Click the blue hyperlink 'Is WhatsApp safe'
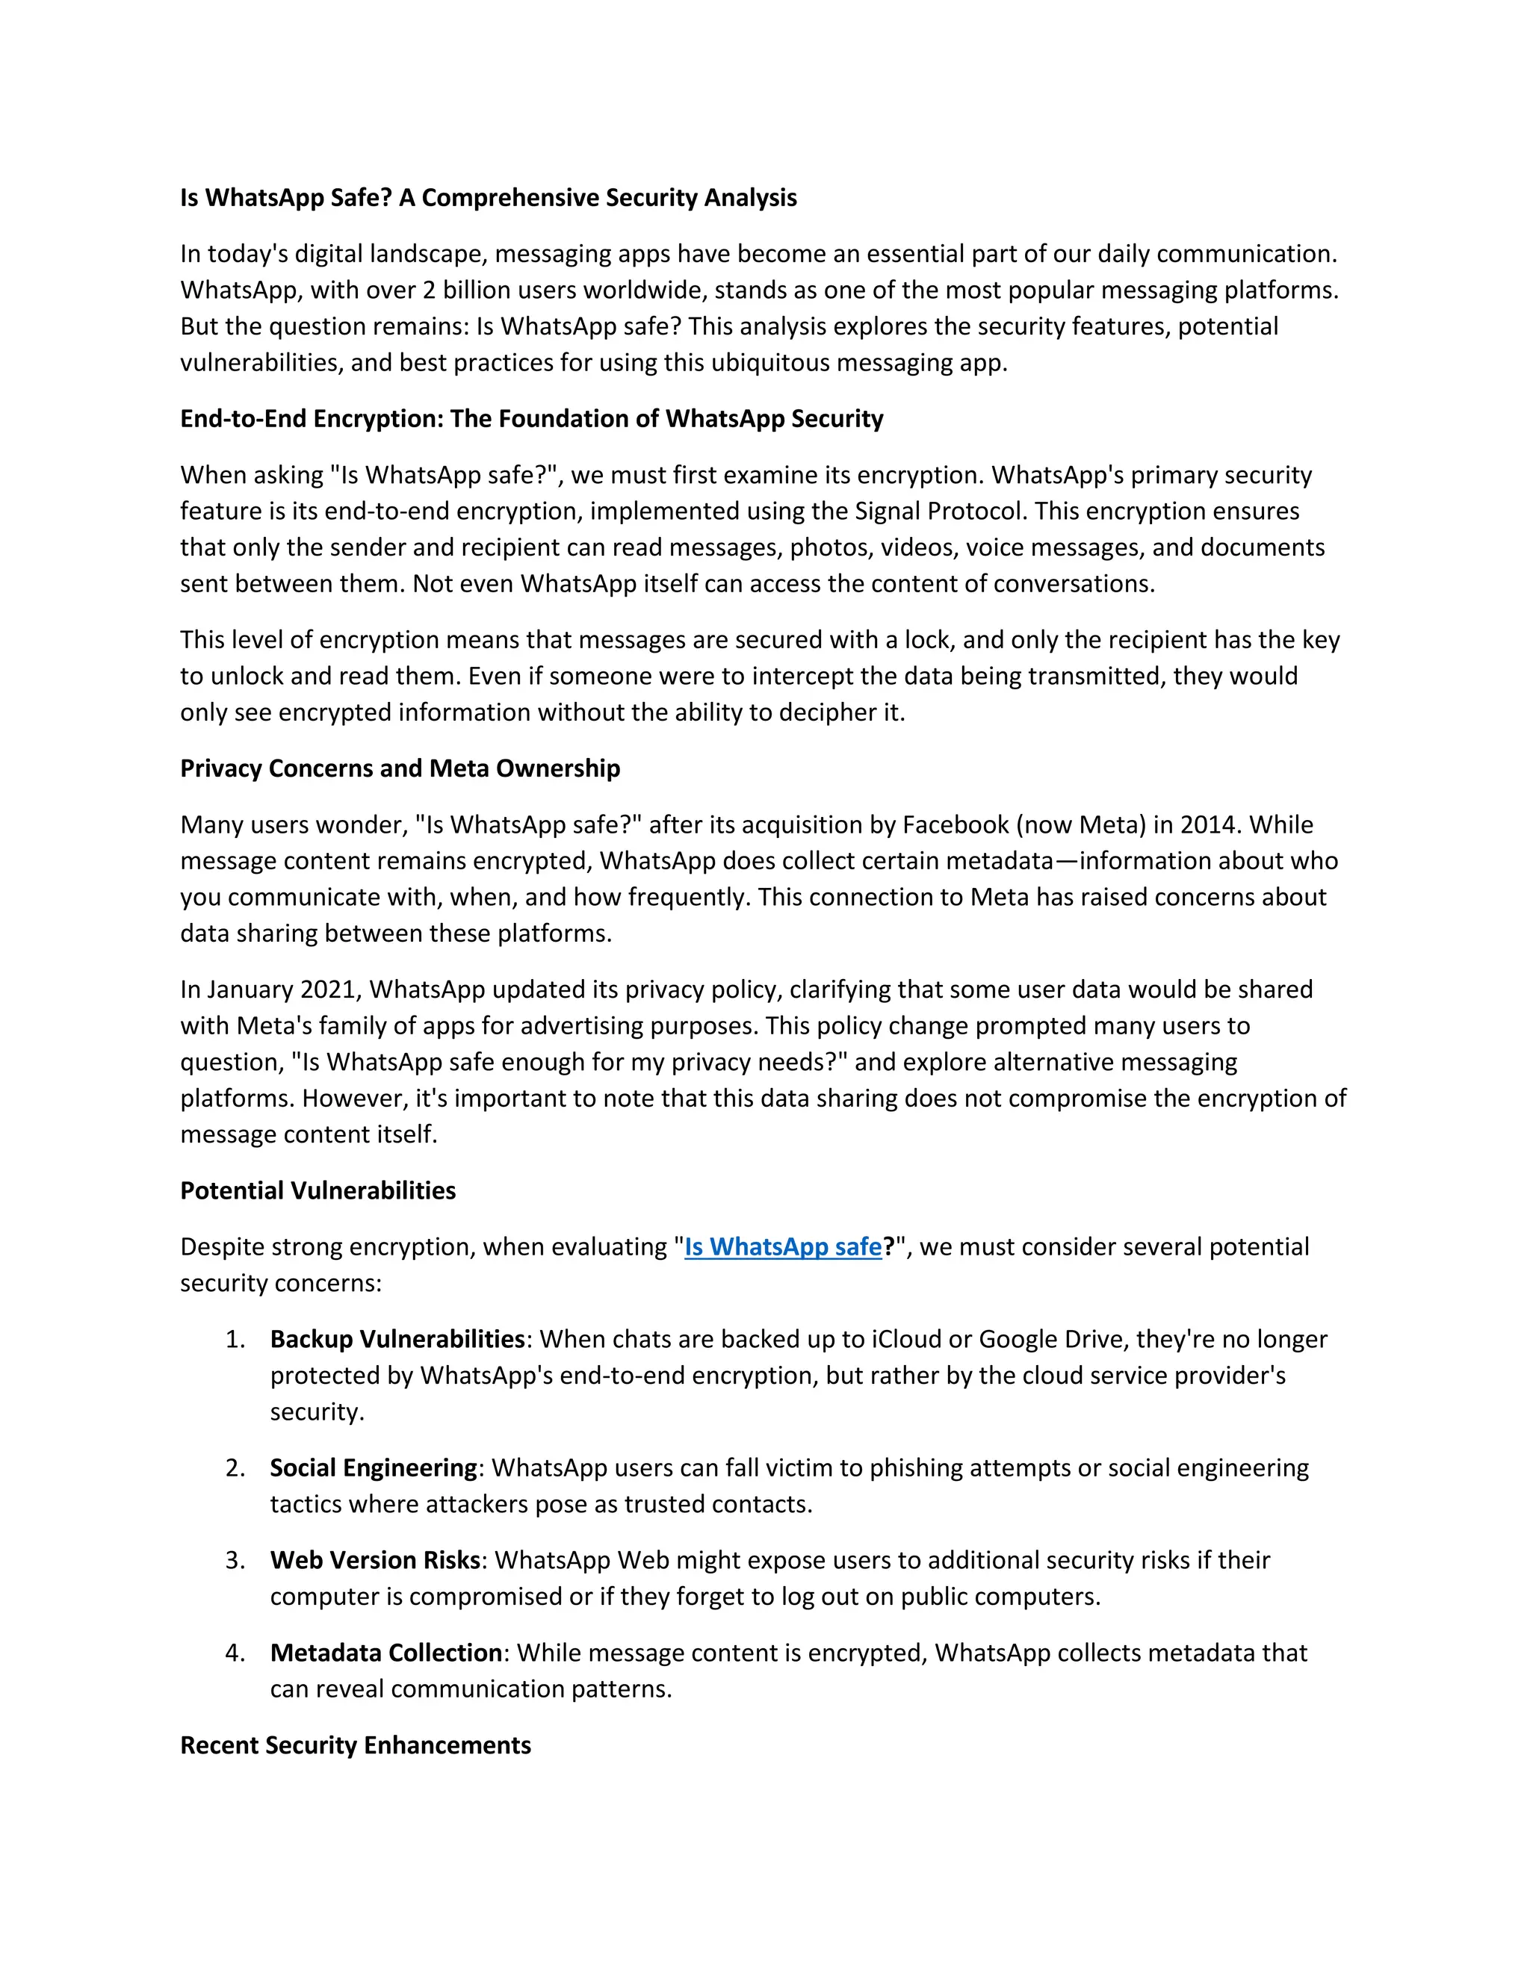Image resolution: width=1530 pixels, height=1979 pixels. pyautogui.click(x=782, y=1247)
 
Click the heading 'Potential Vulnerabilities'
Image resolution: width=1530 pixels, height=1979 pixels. pyautogui.click(x=318, y=1190)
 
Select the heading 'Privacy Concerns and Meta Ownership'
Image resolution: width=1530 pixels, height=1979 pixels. pyautogui.click(x=400, y=768)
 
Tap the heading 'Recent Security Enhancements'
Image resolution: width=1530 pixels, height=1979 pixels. pyautogui.click(x=356, y=1745)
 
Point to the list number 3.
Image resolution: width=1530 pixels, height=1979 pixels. pyautogui.click(x=235, y=1560)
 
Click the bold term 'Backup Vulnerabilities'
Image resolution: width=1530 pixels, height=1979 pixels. pyautogui.click(x=397, y=1339)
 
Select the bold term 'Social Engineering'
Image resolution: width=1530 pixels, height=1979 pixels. pyautogui.click(x=374, y=1468)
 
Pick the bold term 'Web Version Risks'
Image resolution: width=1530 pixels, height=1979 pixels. pyautogui.click(x=374, y=1560)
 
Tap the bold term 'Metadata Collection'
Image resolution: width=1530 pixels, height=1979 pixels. pyautogui.click(x=386, y=1653)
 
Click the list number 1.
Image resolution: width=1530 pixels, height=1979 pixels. pyautogui.click(x=235, y=1339)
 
